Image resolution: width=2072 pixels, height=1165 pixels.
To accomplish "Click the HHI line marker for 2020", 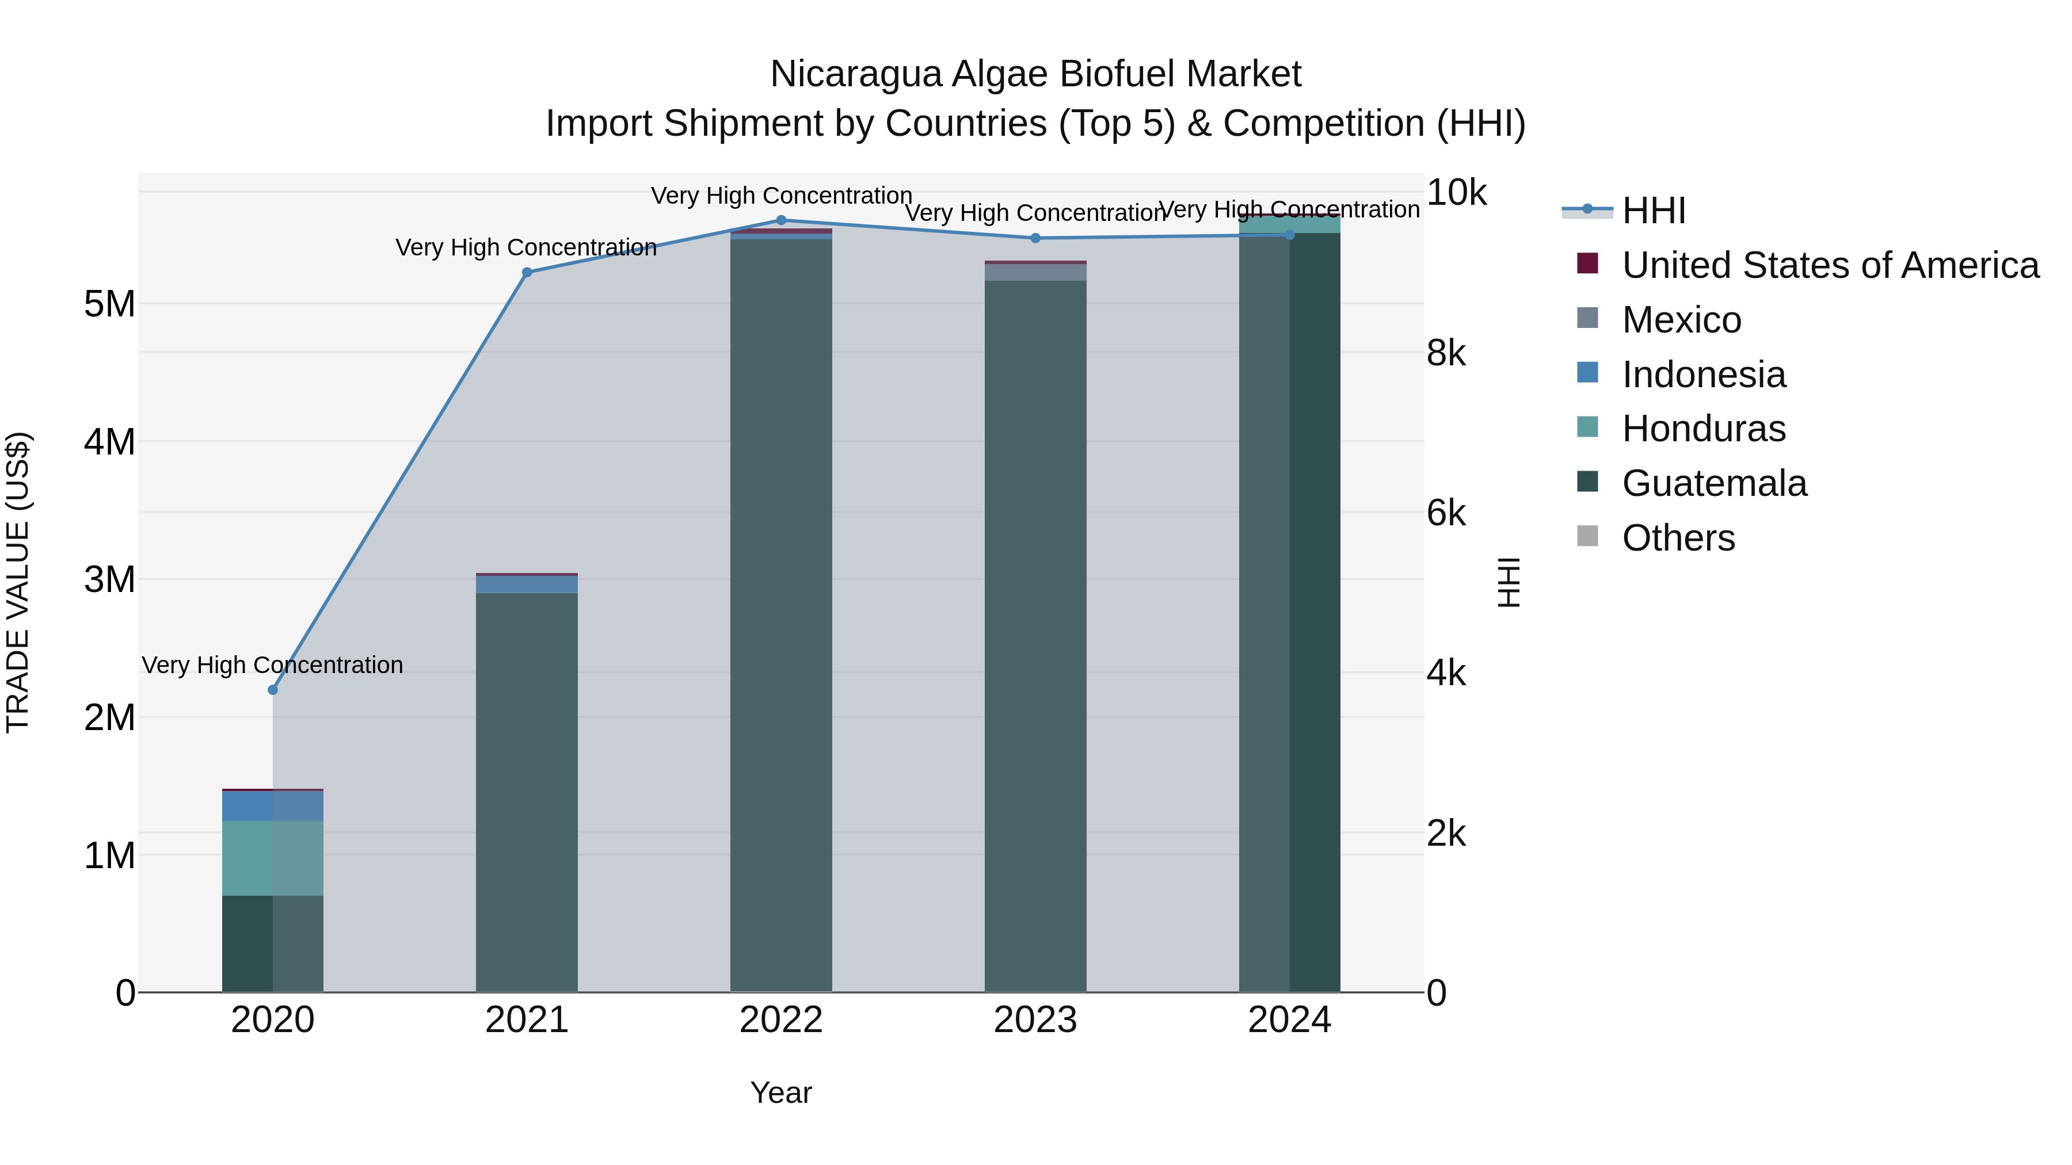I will pyautogui.click(x=273, y=690).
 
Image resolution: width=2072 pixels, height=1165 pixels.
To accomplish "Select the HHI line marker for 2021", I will pyautogui.click(x=527, y=273).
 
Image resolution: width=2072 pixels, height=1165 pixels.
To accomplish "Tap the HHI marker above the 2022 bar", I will pyautogui.click(x=781, y=220).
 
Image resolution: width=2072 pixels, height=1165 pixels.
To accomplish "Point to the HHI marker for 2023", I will pyautogui.click(x=1035, y=238).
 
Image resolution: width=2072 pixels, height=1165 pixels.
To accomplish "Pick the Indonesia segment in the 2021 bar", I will pyautogui.click(x=527, y=585).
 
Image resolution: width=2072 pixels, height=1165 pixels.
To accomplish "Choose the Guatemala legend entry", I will pyautogui.click(x=1713, y=483).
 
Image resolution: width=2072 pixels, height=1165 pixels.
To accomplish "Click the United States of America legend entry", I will pyautogui.click(x=1830, y=265).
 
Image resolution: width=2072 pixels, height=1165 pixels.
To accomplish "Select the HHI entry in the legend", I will pyautogui.click(x=1653, y=211).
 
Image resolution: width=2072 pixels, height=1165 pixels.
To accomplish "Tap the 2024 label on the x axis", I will pyautogui.click(x=1289, y=1020).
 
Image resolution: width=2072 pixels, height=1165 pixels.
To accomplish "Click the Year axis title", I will pyautogui.click(x=781, y=1093).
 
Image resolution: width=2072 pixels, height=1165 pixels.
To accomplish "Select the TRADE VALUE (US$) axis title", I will pyautogui.click(x=18, y=582).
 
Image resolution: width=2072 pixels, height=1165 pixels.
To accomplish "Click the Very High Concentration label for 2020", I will pyautogui.click(x=273, y=665).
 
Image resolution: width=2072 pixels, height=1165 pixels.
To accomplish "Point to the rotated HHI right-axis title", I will pyautogui.click(x=1509, y=582).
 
